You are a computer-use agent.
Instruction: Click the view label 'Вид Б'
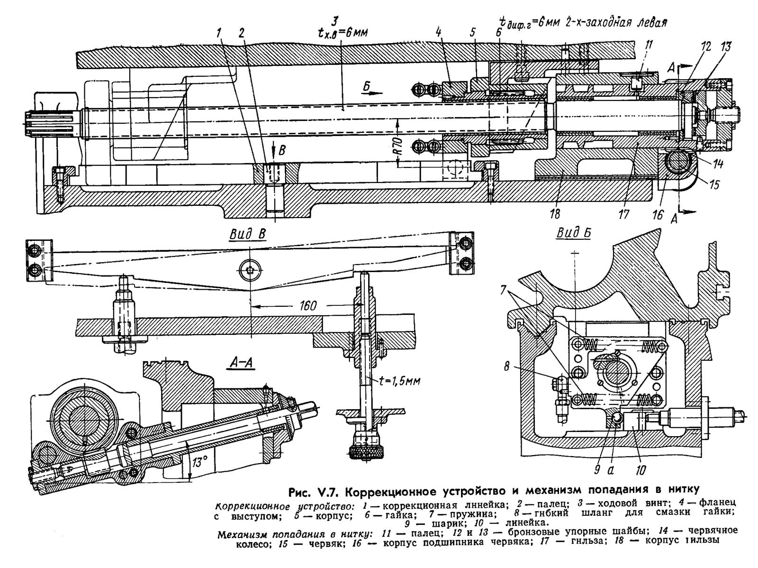click(x=573, y=233)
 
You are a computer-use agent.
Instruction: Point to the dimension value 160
click(x=308, y=306)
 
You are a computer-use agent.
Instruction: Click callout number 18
click(x=555, y=214)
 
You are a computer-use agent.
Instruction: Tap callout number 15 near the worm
click(x=713, y=184)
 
